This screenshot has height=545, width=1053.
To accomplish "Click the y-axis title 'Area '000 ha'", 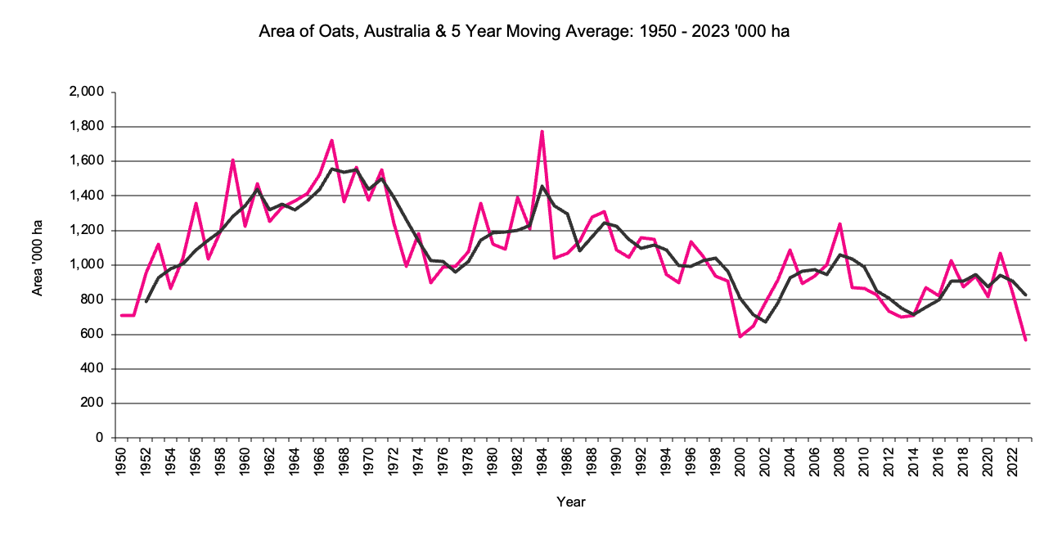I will click(x=38, y=264).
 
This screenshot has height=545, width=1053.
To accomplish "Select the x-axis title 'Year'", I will click(x=570, y=502).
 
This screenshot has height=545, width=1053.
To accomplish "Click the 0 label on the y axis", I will click(x=98, y=438).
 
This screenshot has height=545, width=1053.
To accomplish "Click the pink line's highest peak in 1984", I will click(x=542, y=131).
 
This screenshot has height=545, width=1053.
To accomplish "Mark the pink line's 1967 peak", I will click(x=331, y=140).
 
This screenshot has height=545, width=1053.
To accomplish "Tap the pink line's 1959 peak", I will click(x=233, y=160).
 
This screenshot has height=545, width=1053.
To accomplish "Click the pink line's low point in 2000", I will click(x=740, y=336).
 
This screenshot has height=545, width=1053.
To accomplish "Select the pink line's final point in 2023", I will click(x=1024, y=340).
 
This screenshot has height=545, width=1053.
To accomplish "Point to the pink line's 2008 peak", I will click(x=839, y=223).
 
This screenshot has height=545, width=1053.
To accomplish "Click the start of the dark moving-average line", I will click(x=146, y=301).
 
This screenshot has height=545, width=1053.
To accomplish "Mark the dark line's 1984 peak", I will click(x=542, y=186).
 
